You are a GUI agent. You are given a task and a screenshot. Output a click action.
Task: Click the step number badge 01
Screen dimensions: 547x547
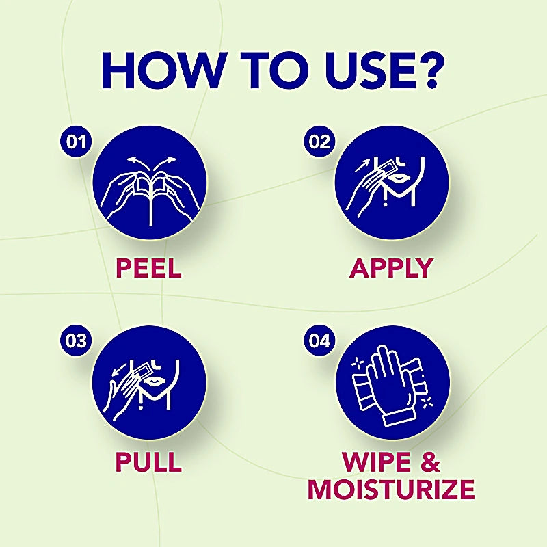[x=76, y=142]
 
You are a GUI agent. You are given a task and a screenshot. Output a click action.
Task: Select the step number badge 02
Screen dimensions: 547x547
[x=319, y=142]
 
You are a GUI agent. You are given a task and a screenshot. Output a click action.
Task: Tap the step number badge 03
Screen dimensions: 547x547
[x=76, y=341]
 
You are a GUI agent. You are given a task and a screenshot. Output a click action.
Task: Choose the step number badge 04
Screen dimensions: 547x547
[x=319, y=341]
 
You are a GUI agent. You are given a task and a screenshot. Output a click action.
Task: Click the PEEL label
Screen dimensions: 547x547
[x=148, y=268]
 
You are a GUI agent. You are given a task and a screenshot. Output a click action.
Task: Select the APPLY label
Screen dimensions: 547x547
[x=391, y=268]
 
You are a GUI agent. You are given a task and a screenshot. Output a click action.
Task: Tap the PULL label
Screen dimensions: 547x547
[x=148, y=462]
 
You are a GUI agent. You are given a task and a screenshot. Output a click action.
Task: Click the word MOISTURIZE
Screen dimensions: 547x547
[x=391, y=490]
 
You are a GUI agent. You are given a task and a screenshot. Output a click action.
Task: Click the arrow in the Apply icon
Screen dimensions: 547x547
[x=362, y=165]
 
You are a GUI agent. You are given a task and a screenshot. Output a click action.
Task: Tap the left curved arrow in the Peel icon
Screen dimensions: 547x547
[x=138, y=163]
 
